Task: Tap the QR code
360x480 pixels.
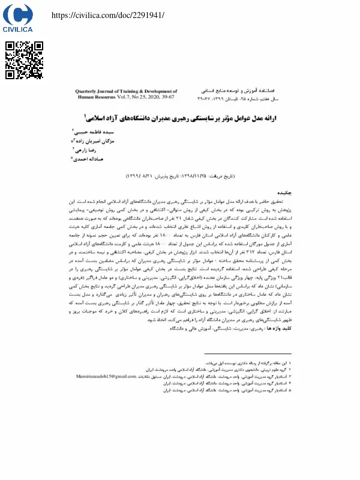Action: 25,61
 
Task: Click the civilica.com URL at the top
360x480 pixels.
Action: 107,15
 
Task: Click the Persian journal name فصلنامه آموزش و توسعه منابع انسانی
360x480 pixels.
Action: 240,89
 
